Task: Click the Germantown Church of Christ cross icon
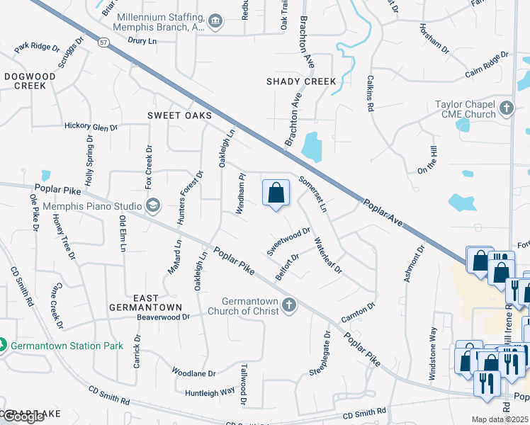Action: coord(288,305)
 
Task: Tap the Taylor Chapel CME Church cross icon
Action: coord(506,109)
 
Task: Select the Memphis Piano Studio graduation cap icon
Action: coord(152,206)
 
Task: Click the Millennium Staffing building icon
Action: coord(215,22)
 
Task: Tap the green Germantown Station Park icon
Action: coord(3,346)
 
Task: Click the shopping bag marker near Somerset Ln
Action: coord(276,193)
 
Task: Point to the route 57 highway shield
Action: coord(104,42)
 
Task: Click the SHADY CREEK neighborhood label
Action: coord(301,81)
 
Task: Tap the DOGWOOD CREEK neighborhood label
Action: coord(25,81)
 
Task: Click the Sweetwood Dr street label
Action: coord(289,242)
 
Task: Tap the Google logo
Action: coord(23,417)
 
